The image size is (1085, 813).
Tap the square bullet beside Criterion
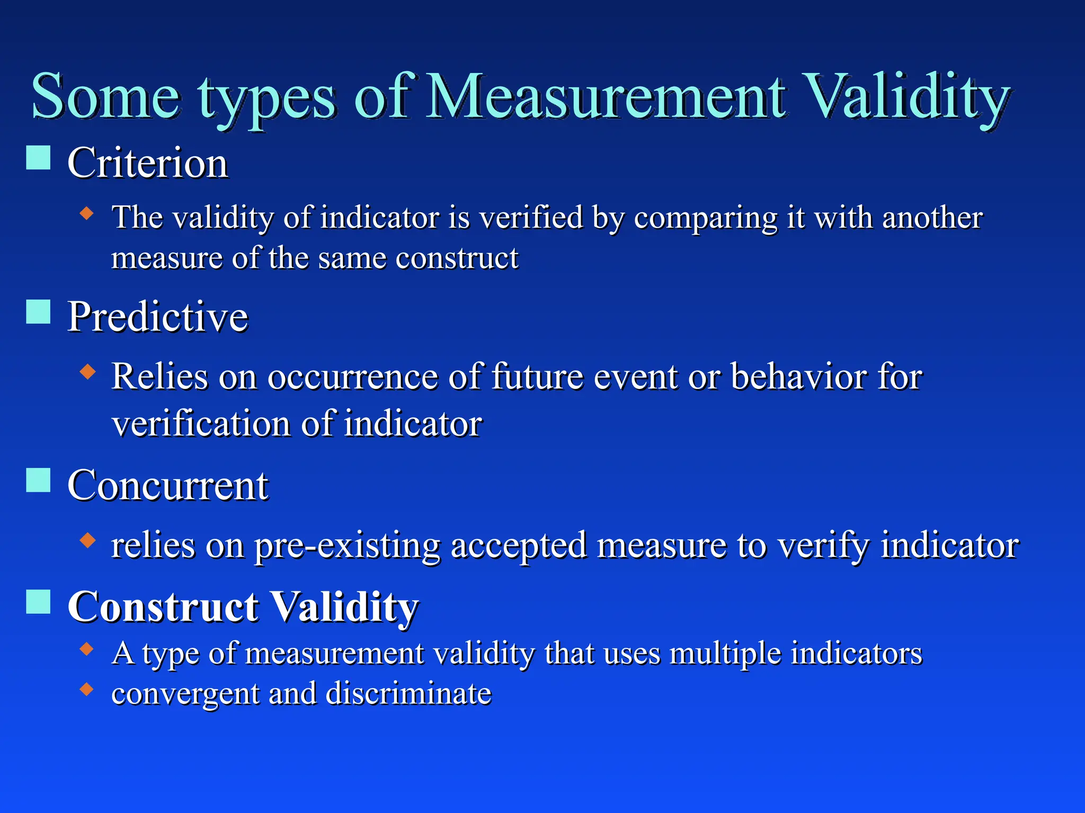[39, 158]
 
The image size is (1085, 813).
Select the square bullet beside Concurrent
[39, 480]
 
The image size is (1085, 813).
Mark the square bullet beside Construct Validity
[39, 602]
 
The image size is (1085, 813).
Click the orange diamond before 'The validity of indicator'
[87, 214]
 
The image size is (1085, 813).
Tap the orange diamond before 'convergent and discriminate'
[87, 689]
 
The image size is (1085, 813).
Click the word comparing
[706, 218]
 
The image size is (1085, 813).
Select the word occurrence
[353, 377]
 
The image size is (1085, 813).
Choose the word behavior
[799, 377]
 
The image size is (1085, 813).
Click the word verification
[201, 424]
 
